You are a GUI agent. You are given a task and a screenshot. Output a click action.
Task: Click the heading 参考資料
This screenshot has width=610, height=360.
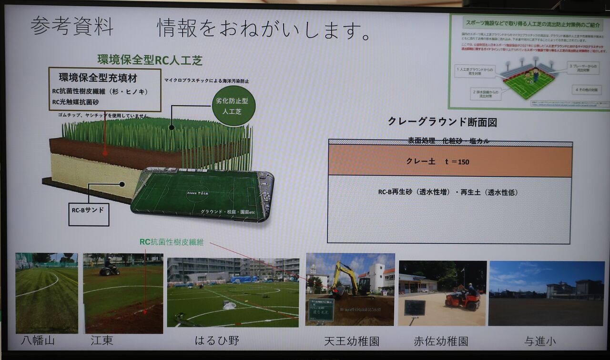tap(72, 26)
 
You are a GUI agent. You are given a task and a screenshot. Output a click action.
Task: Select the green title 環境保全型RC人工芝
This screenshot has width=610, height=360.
tap(150, 60)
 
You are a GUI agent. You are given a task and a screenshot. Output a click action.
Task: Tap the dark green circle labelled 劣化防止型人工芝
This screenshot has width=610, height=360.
tap(234, 106)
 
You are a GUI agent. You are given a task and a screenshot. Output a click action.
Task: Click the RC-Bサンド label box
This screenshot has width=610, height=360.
tap(89, 214)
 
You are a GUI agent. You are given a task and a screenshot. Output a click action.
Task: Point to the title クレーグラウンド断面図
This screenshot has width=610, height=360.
tap(442, 122)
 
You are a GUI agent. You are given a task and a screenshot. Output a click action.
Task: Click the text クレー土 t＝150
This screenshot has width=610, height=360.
tap(437, 162)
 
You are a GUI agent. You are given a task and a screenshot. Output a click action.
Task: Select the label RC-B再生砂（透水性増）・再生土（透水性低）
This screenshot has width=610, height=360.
tap(447, 192)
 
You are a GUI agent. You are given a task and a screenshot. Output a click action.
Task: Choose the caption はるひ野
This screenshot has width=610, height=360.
tap(217, 341)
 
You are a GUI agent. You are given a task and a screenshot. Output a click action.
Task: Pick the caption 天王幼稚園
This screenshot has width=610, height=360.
tap(352, 341)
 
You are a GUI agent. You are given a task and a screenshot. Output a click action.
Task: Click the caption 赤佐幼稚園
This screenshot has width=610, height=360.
tap(441, 341)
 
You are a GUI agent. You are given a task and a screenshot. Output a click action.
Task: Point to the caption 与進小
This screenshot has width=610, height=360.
tap(540, 341)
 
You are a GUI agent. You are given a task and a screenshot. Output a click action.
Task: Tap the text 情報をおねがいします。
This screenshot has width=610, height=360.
tap(265, 29)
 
